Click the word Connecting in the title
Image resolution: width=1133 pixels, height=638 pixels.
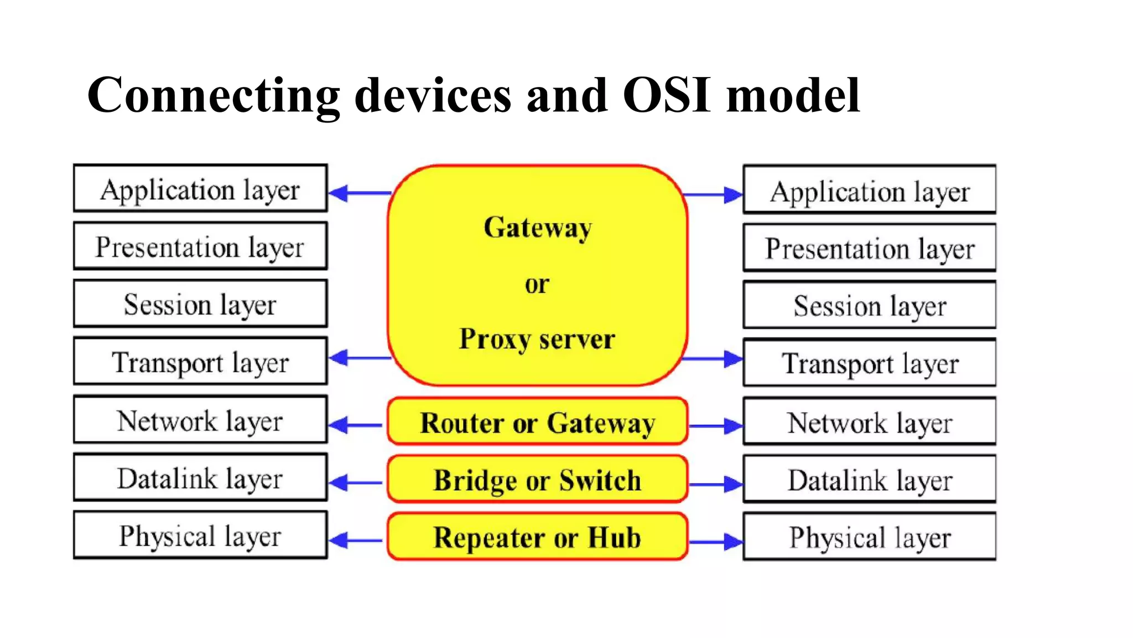tap(213, 95)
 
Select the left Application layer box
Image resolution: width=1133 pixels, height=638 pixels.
tap(200, 189)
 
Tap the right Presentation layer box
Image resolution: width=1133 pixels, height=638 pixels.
tap(869, 248)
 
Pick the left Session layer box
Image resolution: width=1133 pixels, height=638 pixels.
tap(200, 304)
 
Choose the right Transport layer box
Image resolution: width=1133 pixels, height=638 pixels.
tap(869, 363)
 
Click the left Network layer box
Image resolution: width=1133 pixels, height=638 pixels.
tap(200, 420)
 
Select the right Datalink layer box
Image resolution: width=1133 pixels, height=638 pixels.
tap(869, 480)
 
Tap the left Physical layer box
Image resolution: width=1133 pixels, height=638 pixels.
tap(200, 536)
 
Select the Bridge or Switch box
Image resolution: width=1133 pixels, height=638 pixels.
tap(537, 480)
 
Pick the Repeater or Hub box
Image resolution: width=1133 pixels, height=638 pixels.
tap(537, 537)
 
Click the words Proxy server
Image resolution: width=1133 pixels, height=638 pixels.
tap(537, 338)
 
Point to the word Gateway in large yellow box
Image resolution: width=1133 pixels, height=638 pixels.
tap(537, 227)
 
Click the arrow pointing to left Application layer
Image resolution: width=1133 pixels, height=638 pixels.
tap(360, 193)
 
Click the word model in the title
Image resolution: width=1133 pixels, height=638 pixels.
tap(793, 95)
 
